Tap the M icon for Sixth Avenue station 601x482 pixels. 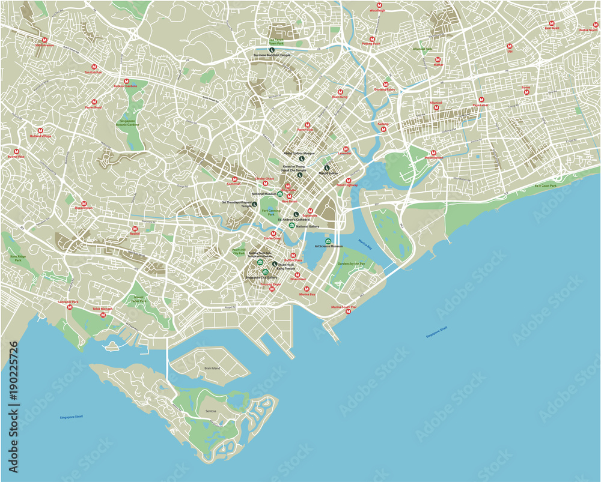point(44,40)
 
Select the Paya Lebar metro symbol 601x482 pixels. point(481,100)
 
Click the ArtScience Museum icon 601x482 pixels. point(328,241)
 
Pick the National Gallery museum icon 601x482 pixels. point(291,226)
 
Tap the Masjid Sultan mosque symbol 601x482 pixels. point(327,168)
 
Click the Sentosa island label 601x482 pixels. point(210,411)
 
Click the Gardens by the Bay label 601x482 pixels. point(351,264)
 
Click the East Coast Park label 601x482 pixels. point(546,186)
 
